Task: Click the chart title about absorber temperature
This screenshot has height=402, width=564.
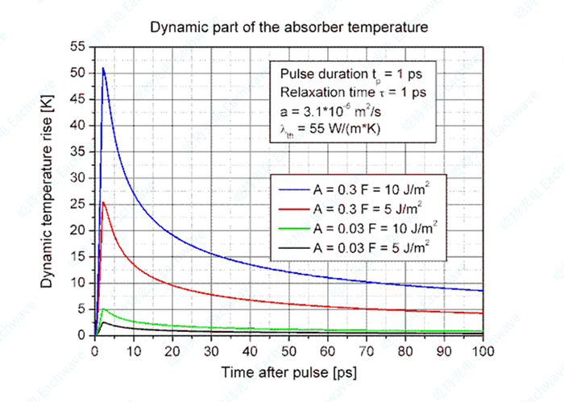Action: (288, 27)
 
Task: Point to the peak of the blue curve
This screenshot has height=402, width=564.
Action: (103, 68)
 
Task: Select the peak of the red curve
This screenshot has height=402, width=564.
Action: (103, 202)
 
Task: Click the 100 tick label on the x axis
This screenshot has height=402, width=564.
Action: (483, 351)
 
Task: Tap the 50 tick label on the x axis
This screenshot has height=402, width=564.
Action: (289, 351)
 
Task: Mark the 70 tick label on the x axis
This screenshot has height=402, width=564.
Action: (367, 351)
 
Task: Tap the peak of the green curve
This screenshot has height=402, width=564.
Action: (104, 309)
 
